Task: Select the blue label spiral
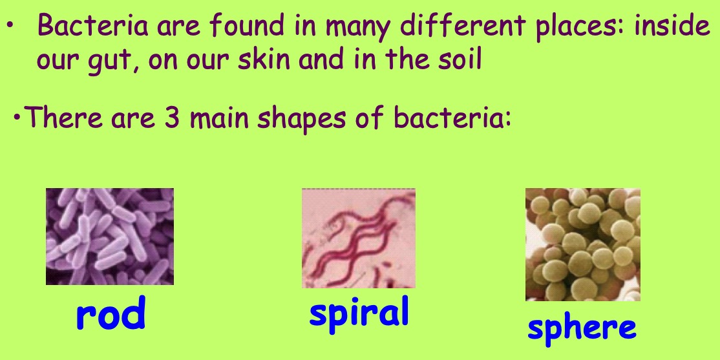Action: pos(359,312)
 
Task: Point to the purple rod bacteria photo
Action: pos(110,237)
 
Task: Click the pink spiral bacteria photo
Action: pos(359,238)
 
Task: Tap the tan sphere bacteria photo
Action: pos(583,244)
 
